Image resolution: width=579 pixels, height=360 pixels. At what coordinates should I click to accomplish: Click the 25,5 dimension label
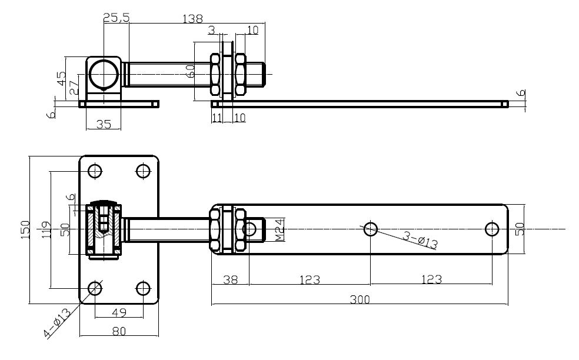point(117,18)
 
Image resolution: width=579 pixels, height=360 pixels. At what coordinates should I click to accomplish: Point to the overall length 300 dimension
point(360,299)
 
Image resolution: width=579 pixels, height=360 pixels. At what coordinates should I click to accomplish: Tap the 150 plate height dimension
point(25,229)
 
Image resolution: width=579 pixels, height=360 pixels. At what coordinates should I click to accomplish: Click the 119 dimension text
point(45,229)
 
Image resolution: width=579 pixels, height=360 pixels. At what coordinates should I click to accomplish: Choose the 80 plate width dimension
point(119,332)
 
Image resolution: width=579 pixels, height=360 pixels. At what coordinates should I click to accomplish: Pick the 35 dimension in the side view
point(104,124)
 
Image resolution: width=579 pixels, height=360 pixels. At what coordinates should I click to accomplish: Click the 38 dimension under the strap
point(230,280)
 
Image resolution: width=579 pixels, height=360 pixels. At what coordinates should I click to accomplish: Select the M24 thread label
point(280,229)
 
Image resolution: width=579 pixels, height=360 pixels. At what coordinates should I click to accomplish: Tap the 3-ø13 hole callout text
point(420,240)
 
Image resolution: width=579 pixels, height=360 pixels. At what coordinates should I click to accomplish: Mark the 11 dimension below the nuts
point(217,118)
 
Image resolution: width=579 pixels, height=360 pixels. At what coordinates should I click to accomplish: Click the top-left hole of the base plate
point(95,171)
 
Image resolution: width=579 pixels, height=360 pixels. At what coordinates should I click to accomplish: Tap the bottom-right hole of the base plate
point(143,288)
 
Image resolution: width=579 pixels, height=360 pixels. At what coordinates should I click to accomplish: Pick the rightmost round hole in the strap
point(493,229)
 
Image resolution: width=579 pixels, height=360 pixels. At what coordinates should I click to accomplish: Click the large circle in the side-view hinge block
point(104,75)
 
